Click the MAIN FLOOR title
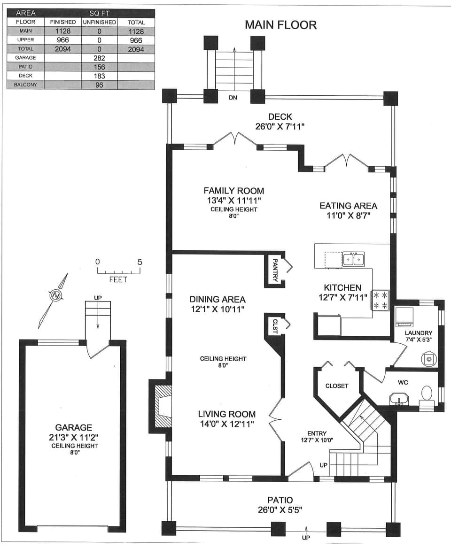tap(280, 25)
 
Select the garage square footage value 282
tap(99, 58)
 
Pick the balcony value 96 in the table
tap(99, 85)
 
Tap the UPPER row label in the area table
tap(26, 40)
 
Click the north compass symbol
tap(56, 296)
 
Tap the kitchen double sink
tap(353, 259)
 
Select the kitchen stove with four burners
tap(380, 301)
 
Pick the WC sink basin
tap(399, 400)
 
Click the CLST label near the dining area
tap(275, 326)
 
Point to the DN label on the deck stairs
tap(233, 98)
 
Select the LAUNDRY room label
tap(418, 333)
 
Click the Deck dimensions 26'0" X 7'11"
tap(280, 126)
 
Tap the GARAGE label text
tap(74, 427)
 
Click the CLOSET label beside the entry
tap(337, 386)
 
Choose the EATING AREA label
tap(348, 206)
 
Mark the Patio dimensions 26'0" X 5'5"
tap(280, 509)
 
